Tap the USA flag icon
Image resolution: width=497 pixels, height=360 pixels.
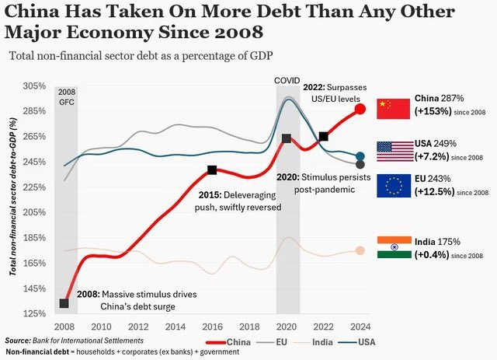393,151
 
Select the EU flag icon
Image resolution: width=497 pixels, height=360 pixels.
393,186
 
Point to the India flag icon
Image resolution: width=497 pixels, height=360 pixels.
393,247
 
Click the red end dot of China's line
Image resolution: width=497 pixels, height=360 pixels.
360,109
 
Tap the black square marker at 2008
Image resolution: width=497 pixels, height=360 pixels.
64,303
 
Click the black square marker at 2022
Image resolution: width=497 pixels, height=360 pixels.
323,136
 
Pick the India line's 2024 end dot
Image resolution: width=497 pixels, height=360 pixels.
360,250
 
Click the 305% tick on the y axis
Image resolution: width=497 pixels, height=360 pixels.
34,86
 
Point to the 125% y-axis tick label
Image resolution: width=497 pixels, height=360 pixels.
34,313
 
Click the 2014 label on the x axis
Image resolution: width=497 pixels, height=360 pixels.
176,327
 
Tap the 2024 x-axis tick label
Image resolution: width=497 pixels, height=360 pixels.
360,327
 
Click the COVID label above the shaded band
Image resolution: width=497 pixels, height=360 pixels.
287,81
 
